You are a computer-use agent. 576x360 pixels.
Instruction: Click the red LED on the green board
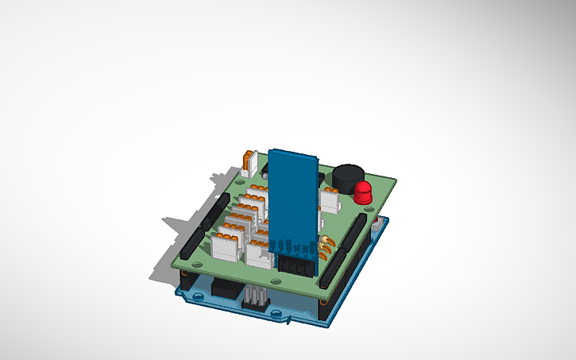click(x=363, y=192)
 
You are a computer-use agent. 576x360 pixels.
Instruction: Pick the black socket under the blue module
click(x=295, y=264)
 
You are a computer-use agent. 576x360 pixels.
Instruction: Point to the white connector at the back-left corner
click(x=249, y=162)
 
